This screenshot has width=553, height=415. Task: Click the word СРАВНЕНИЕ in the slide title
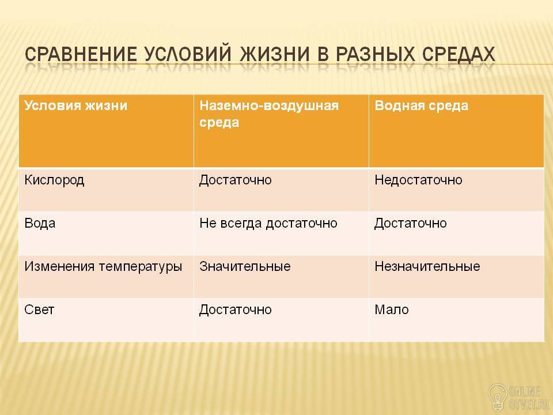point(81,54)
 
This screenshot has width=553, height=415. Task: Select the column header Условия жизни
point(76,105)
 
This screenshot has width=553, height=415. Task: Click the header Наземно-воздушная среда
point(269,114)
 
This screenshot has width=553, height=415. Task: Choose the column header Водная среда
point(422,105)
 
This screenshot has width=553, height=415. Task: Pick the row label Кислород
point(54,180)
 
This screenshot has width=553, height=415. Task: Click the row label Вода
point(40,224)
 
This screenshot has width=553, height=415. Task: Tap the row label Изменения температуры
point(103,267)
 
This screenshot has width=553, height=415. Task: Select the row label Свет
point(39,310)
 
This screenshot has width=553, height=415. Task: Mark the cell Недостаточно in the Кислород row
point(418,180)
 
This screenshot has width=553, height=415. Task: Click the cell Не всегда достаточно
point(268,224)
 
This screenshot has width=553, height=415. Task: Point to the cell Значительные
point(245,266)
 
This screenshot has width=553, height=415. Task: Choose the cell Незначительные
point(427,266)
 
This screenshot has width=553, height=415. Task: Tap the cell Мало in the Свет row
point(392,310)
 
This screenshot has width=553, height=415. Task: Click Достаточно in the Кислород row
point(236,180)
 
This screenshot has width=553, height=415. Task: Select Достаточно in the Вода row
point(411,224)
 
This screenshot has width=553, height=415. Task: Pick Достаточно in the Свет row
point(236,310)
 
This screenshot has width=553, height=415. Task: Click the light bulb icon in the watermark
point(498,398)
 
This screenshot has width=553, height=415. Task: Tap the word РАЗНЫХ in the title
point(374,54)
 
